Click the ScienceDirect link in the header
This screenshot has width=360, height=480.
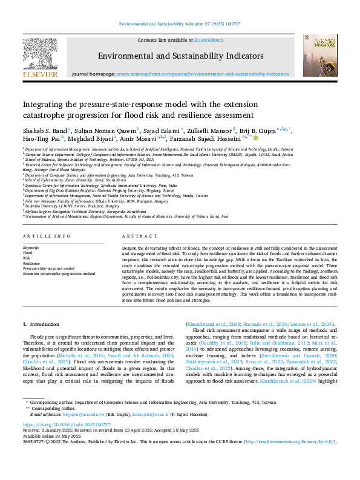208,40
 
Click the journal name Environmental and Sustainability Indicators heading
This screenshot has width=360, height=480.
180,56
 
